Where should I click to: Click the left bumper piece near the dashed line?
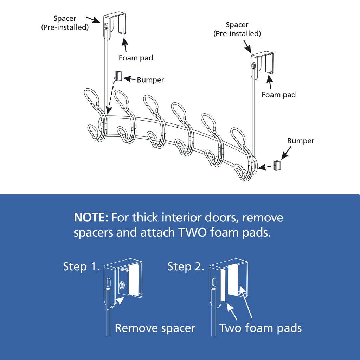[x=118, y=76]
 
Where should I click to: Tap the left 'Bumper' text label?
[x=150, y=80]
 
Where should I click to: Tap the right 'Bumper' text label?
[x=301, y=141]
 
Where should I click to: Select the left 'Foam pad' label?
[x=136, y=58]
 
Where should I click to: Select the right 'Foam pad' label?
[x=279, y=95]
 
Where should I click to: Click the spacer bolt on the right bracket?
[x=253, y=65]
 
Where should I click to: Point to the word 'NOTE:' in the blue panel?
[x=91, y=218]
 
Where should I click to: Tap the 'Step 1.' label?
[x=80, y=266]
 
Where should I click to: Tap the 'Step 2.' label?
[x=186, y=266]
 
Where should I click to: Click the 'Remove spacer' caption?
[x=155, y=328]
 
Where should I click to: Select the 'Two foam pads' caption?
[x=261, y=328]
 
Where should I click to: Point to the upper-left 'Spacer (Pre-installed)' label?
[x=65, y=23]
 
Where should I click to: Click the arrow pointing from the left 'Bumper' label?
[x=129, y=79]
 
